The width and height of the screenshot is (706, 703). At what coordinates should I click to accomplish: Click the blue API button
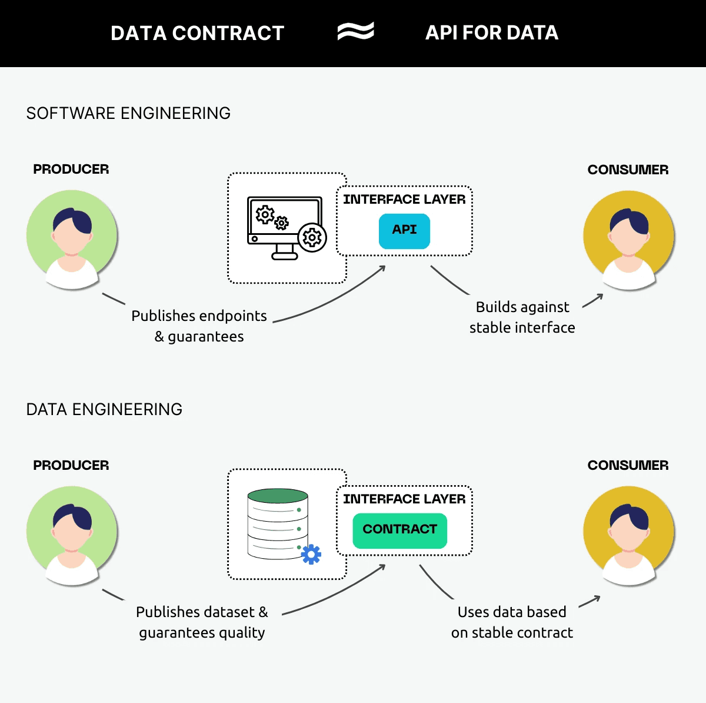[x=404, y=230]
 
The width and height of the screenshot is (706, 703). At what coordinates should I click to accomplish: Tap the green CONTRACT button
[x=399, y=530]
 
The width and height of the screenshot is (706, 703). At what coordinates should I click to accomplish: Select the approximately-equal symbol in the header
[x=355, y=32]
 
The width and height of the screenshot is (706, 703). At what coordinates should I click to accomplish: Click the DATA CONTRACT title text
[x=197, y=33]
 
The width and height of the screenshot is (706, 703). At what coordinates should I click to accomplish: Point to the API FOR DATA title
[x=491, y=33]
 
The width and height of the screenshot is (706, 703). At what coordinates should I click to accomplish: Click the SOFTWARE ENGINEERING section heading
[x=128, y=113]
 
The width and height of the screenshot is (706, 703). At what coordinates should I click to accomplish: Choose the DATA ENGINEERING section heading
[x=104, y=409]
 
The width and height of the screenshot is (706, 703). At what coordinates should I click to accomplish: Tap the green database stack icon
[x=278, y=523]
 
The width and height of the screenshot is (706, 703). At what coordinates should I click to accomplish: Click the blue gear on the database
[x=311, y=554]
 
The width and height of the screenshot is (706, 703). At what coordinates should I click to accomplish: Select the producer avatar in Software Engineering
[x=72, y=239]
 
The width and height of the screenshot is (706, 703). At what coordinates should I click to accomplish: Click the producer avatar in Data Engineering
[x=72, y=535]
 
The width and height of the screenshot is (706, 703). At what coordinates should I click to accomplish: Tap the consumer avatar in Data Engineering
[x=628, y=535]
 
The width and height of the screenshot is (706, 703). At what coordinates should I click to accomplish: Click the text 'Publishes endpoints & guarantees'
[x=199, y=326]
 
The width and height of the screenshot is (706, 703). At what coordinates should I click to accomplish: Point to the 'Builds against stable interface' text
[x=522, y=317]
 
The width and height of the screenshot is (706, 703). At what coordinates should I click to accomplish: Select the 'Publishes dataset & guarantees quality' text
[x=202, y=622]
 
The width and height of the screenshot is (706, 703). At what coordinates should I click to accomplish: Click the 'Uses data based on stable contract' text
[x=512, y=622]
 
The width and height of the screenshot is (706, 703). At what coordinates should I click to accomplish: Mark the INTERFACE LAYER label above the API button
[x=404, y=200]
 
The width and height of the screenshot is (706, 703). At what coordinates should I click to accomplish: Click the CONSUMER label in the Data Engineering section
[x=628, y=465]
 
